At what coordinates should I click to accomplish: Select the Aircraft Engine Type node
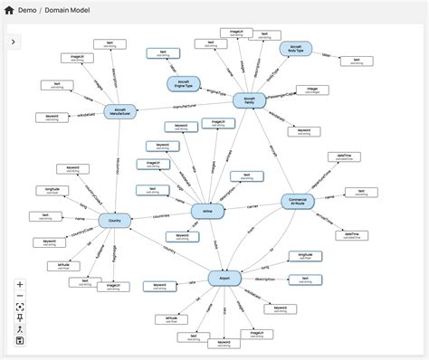pos(184,83)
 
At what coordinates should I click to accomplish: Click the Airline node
pos(207,210)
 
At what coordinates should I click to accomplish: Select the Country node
pos(115,220)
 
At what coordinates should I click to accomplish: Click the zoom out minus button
pos(20,296)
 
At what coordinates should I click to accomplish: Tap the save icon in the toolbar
pos(20,339)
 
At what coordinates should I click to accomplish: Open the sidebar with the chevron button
pos(14,42)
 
